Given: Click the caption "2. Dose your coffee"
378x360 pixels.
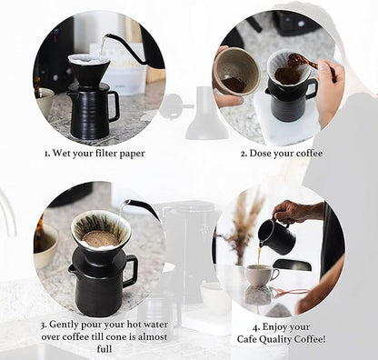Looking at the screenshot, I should (281, 153).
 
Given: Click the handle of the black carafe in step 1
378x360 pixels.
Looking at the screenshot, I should (114, 105).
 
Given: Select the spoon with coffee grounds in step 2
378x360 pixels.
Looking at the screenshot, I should (301, 63).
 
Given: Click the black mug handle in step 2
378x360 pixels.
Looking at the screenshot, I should (312, 89).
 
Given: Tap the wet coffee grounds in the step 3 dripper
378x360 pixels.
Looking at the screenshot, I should (100, 239).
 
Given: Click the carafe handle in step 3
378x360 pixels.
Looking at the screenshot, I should (130, 270).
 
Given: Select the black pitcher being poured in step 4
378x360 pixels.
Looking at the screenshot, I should (275, 236).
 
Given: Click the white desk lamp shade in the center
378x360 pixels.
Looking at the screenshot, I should (207, 123).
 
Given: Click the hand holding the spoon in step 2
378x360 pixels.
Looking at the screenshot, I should (329, 89).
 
